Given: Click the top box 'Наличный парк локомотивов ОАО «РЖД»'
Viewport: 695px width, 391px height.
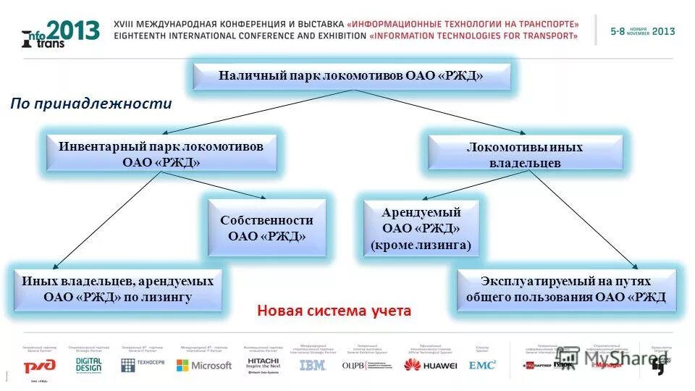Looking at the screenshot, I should point(351,76).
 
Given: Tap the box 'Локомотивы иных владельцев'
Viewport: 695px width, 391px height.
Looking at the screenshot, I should point(525,155).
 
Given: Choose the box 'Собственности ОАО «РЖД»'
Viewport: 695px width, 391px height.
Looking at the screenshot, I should point(266,228).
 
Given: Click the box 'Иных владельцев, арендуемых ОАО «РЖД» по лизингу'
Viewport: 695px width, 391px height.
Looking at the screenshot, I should point(117,289).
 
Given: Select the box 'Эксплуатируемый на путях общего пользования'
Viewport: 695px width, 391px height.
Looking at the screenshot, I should point(565,289).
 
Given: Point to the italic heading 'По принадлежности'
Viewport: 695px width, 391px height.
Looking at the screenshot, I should point(91,104).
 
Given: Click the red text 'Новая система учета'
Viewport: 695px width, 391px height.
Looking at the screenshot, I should point(334,311).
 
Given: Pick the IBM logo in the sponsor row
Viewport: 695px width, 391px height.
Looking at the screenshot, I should point(312,366).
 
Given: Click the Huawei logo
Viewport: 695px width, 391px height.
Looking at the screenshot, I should point(430,366).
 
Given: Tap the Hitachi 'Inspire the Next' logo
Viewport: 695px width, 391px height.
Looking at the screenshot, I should point(264,363).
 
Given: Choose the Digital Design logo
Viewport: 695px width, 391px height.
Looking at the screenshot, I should point(88,364).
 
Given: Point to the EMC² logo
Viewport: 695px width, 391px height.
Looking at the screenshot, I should point(482,366).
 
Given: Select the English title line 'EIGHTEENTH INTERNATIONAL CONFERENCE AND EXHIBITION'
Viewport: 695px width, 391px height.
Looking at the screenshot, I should point(239,35).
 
